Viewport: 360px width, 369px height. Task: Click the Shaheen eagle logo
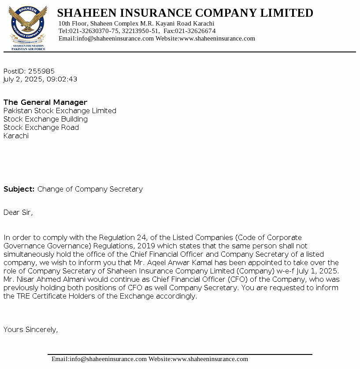point(28,26)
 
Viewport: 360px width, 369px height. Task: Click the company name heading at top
point(185,13)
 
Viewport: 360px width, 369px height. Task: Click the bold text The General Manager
point(45,103)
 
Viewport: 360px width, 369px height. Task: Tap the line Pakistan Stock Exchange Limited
point(60,111)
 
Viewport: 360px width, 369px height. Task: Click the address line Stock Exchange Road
point(41,128)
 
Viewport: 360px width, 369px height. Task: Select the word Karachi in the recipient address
point(16,136)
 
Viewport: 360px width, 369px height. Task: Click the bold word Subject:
point(19,189)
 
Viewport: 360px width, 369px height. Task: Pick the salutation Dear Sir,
point(18,213)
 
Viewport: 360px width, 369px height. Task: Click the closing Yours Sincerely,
point(30,329)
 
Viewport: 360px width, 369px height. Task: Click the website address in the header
point(217,38)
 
